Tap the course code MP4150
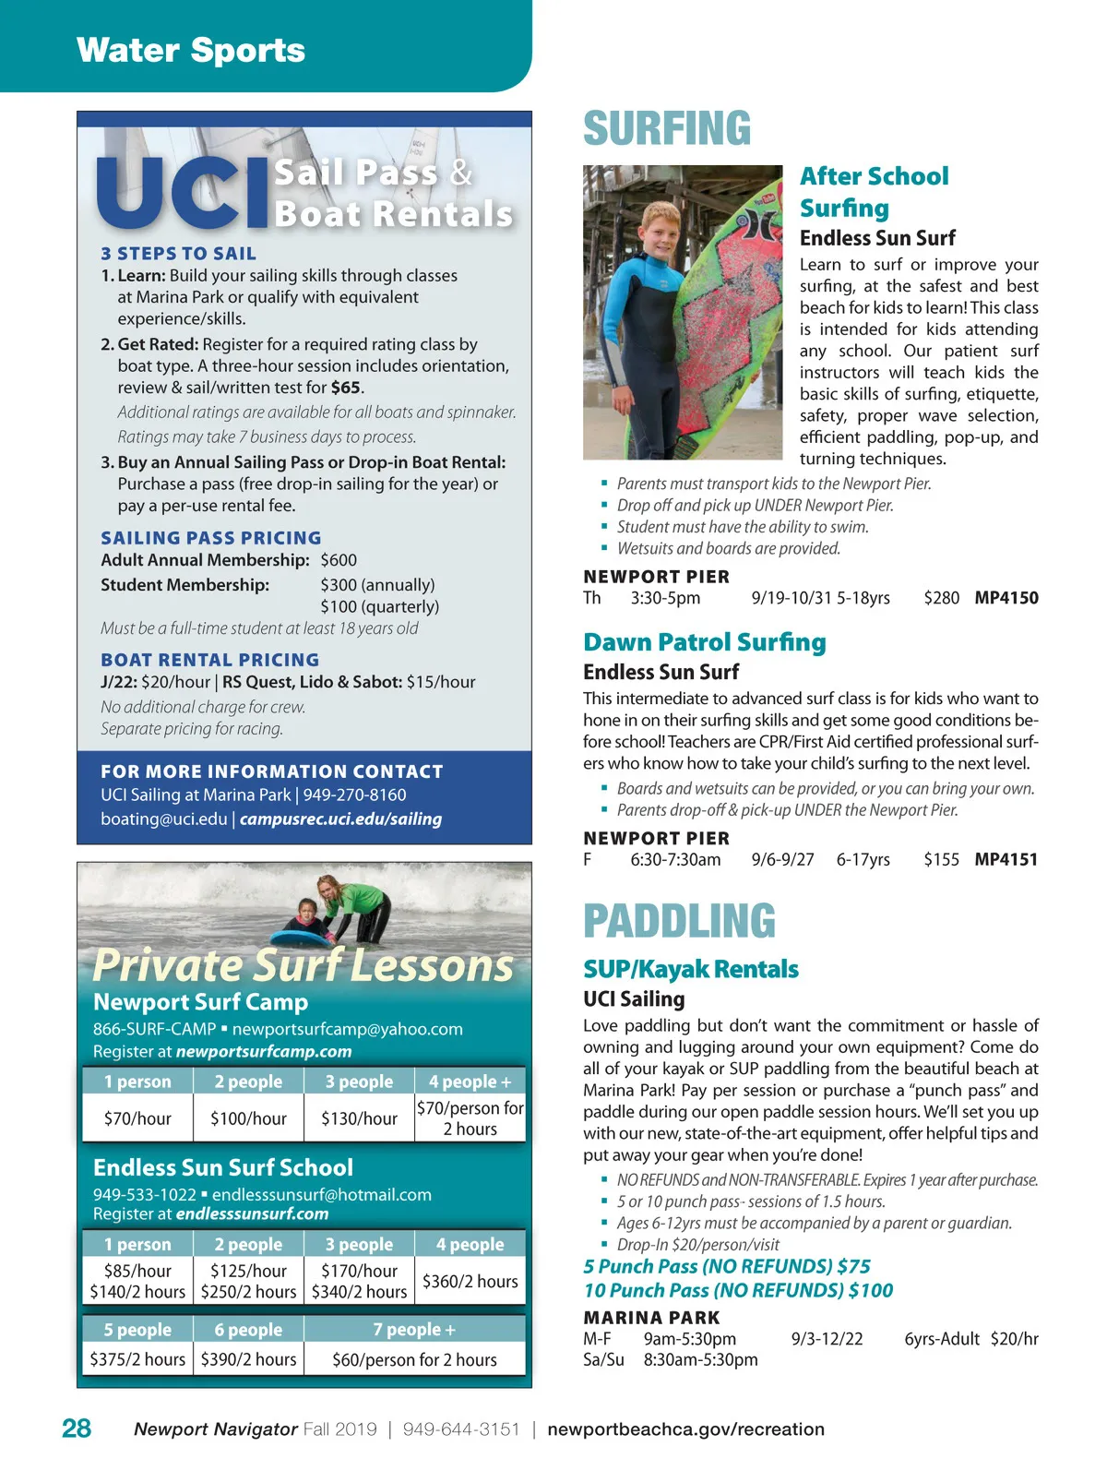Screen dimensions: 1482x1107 tap(1006, 598)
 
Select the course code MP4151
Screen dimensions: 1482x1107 tap(1006, 860)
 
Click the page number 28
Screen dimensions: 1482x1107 tap(77, 1428)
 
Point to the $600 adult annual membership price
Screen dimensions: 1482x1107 tap(339, 560)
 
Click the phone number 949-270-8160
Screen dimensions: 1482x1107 tap(354, 795)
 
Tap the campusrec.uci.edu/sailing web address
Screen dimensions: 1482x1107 tap(340, 819)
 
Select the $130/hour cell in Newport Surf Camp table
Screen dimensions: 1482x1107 tap(359, 1118)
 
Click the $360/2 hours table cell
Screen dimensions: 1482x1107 tap(470, 1281)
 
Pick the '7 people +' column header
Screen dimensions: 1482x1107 tap(414, 1330)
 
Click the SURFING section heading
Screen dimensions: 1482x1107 tap(667, 129)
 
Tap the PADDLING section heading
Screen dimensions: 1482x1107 tap(679, 921)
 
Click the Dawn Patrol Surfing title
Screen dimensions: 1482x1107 tap(704, 642)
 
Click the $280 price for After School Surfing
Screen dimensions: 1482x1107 tap(941, 598)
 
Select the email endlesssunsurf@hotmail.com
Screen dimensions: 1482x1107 tap(322, 1194)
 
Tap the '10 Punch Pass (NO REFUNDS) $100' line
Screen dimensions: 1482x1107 tap(738, 1290)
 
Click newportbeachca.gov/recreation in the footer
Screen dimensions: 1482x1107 tap(685, 1429)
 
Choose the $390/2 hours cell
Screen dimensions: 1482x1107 tap(248, 1359)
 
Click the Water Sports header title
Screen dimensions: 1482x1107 tap(191, 50)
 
